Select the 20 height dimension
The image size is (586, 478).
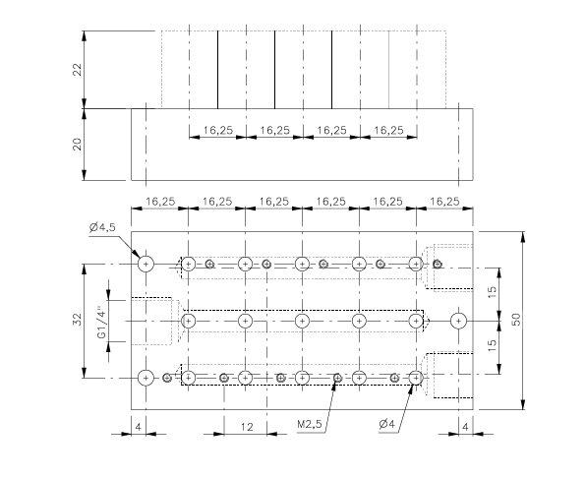click(77, 144)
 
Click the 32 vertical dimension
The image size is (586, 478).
click(77, 321)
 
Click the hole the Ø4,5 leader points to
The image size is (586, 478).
click(146, 264)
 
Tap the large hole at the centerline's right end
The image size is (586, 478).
click(457, 321)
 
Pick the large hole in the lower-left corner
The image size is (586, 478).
click(146, 377)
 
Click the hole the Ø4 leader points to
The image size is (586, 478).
click(416, 377)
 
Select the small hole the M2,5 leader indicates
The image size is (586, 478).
click(337, 377)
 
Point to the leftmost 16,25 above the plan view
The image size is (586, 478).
click(160, 201)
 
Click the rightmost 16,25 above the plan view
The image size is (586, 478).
click(445, 201)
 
